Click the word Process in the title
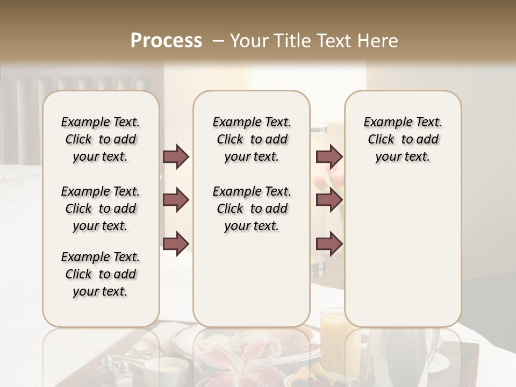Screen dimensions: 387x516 pyautogui.click(x=166, y=41)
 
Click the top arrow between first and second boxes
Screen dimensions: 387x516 pyautogui.click(x=176, y=157)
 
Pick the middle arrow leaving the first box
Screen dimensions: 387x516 pyautogui.click(x=176, y=200)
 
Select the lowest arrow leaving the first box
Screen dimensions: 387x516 pyautogui.click(x=176, y=244)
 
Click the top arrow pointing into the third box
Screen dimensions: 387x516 pyautogui.click(x=329, y=157)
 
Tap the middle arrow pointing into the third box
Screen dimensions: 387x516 pyautogui.click(x=329, y=200)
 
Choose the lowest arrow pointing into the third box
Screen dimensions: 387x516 pyautogui.click(x=329, y=244)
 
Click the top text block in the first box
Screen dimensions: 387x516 pyautogui.click(x=101, y=139)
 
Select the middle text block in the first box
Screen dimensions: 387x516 pyautogui.click(x=101, y=209)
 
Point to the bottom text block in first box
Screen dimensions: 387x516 pyautogui.click(x=101, y=274)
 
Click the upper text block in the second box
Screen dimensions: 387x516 pyautogui.click(x=252, y=139)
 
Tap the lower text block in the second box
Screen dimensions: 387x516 pyautogui.click(x=252, y=209)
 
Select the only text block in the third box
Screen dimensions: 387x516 pyautogui.click(x=403, y=139)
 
